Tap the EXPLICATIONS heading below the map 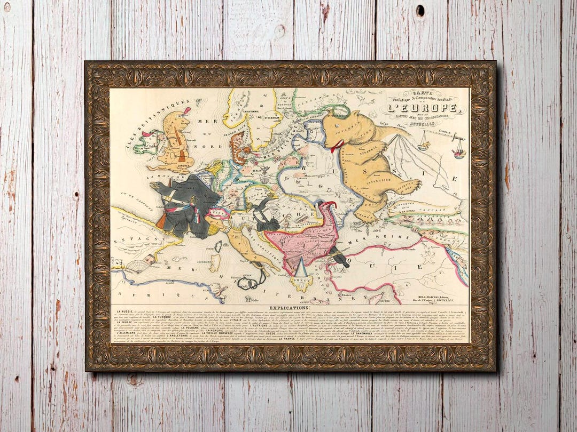[x=289, y=308]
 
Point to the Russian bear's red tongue [x=335, y=146]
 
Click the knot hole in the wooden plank [x=420, y=11]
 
